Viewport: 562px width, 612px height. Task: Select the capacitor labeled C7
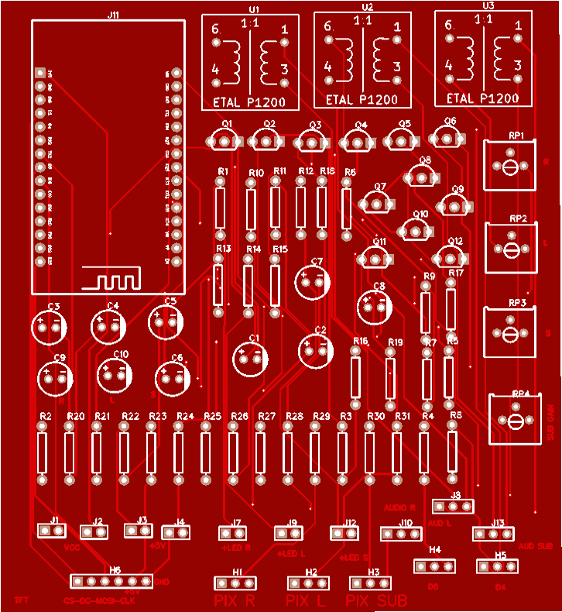coord(315,280)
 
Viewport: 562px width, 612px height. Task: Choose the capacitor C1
coord(252,356)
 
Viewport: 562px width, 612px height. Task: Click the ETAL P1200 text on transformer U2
coord(362,100)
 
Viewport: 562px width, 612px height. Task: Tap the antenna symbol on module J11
coord(113,277)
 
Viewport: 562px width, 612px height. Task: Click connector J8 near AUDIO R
coord(452,506)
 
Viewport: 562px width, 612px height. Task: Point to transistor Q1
coord(225,140)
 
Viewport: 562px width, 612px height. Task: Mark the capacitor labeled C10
coord(115,373)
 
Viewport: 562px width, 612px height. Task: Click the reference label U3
coord(488,5)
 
